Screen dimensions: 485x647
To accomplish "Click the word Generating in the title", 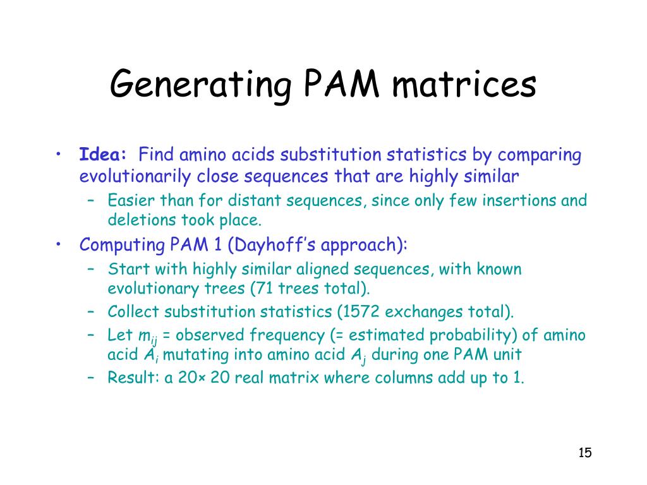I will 191,85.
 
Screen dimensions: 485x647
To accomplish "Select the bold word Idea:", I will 104,155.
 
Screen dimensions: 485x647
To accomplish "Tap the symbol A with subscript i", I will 150,356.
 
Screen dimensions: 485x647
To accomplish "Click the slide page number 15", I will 584,453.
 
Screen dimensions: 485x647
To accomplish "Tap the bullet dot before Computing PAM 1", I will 58,244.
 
